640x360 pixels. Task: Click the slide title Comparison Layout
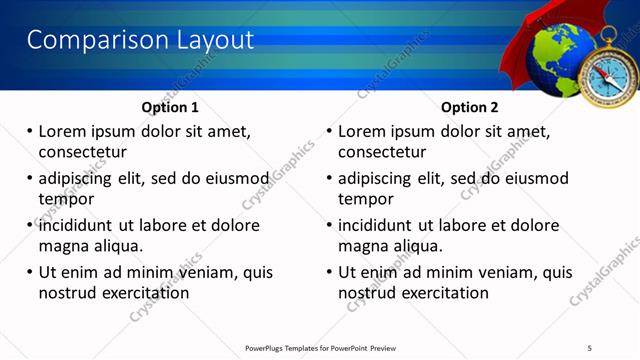point(140,40)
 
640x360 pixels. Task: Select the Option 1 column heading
point(170,107)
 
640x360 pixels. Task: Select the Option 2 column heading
point(469,107)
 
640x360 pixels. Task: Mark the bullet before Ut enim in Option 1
point(30,272)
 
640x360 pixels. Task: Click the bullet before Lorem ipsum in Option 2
point(330,131)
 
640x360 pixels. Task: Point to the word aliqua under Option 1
point(116,245)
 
